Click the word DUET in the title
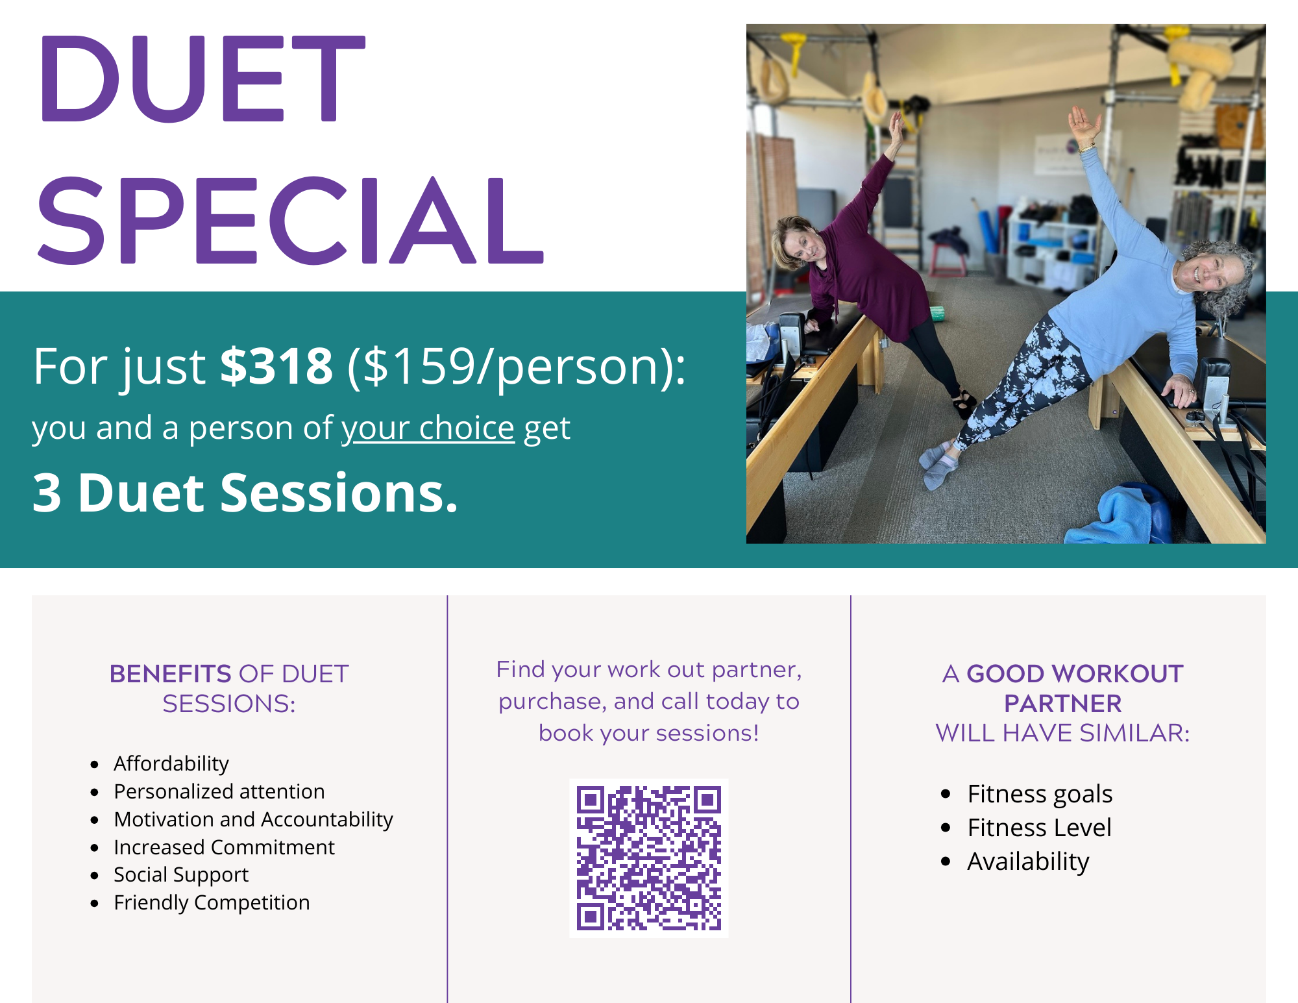202,79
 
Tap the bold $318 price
276,366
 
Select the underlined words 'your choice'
428,428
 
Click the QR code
649,858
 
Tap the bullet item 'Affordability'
171,764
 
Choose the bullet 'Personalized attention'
219,791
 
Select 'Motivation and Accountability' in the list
254,819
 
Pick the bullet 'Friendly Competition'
212,902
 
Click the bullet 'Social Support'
181,875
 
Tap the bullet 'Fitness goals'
1040,794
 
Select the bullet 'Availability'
1028,861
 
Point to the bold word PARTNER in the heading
1063,704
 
